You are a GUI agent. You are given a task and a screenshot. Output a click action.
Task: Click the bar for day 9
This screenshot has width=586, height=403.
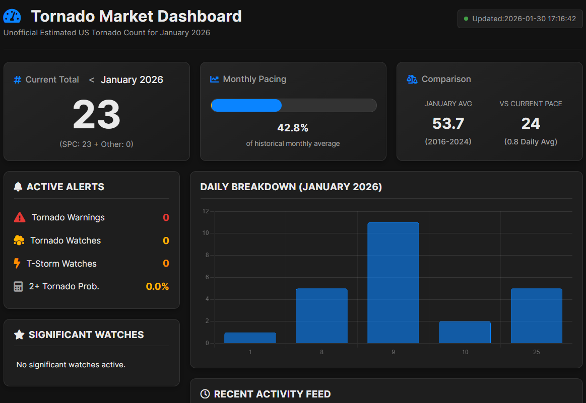[393, 283]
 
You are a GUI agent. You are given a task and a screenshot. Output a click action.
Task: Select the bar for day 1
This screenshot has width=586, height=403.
[250, 338]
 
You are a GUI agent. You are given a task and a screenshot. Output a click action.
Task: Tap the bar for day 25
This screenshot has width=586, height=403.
[536, 315]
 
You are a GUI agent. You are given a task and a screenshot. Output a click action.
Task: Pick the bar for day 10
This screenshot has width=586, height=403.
[465, 332]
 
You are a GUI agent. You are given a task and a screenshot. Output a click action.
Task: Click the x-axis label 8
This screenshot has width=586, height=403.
[321, 352]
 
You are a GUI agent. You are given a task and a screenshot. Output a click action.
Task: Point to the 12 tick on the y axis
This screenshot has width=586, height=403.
[206, 211]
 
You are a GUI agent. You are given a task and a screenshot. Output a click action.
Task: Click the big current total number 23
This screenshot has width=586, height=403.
[96, 115]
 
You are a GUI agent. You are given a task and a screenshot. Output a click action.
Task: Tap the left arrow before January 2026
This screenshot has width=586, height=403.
[92, 80]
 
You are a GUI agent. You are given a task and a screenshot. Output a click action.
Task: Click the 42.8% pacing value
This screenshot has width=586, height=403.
[293, 128]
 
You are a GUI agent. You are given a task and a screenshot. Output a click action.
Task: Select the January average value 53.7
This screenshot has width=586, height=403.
[448, 123]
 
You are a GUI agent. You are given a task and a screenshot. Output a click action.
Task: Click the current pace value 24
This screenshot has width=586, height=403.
[531, 123]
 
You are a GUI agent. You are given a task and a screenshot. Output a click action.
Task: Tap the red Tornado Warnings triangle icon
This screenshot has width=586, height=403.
[20, 217]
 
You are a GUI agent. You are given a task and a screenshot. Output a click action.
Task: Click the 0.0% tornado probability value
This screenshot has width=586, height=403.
[157, 287]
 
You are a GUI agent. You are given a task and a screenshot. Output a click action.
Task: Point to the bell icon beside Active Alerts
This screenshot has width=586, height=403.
[18, 187]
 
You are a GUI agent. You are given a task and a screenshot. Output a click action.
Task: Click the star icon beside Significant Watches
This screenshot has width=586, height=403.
[19, 335]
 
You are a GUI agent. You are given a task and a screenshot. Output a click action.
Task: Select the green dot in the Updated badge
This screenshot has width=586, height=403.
[466, 19]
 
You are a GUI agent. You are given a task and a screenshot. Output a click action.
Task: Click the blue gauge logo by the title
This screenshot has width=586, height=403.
[12, 16]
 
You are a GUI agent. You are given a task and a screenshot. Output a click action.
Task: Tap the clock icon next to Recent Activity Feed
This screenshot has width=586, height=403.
[205, 394]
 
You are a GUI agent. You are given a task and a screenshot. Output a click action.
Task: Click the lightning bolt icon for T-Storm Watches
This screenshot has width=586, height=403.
[17, 264]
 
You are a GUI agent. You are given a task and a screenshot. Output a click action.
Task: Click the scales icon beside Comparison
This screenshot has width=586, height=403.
[412, 79]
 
